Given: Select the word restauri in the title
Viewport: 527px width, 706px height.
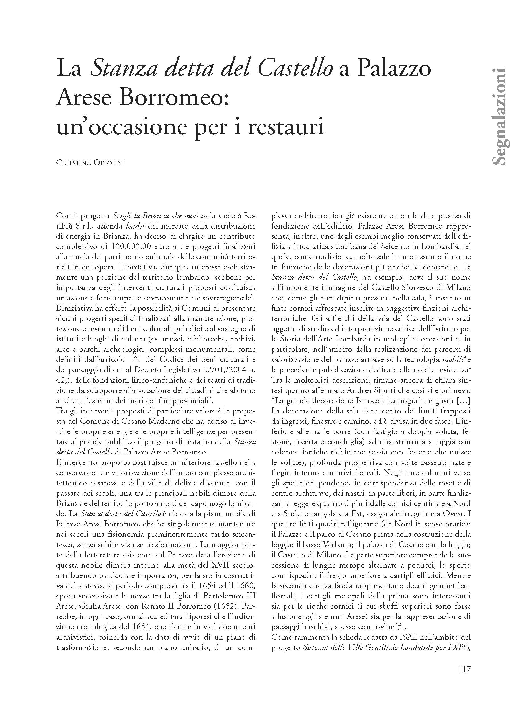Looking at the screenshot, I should (x=285, y=127).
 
